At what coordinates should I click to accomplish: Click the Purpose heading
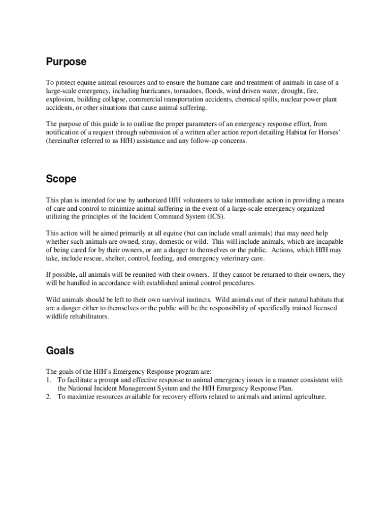[x=66, y=62]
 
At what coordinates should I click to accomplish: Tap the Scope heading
[x=61, y=179]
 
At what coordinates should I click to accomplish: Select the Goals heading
[x=60, y=351]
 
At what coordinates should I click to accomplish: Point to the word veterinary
[x=229, y=258]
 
